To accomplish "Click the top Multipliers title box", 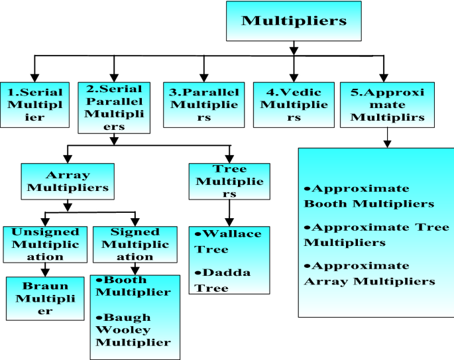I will [293, 21].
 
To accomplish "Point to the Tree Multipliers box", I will [229, 180].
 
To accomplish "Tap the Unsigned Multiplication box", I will [45, 244].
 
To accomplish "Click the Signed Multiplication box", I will [134, 244].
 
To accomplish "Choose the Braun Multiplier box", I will [44, 298].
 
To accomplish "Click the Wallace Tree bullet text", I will [228, 242].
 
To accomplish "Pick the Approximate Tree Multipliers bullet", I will [376, 234].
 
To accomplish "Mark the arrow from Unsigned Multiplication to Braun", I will [45, 269].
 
